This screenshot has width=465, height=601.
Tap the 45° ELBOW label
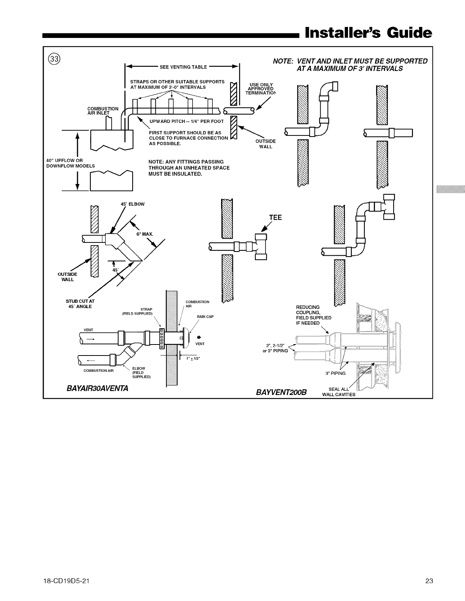click(132, 204)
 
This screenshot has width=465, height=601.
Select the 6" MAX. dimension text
click(145, 234)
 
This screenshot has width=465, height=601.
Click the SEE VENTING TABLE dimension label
click(183, 67)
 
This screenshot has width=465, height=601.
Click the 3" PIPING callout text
click(336, 373)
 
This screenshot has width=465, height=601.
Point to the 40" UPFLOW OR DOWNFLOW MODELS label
click(70, 163)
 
